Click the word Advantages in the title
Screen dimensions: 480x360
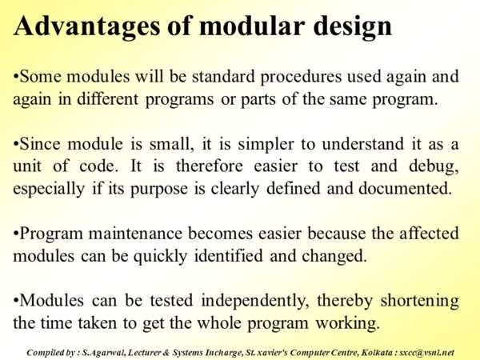pos(86,27)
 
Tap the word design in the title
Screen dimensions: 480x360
pos(352,27)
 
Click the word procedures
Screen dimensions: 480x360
pos(301,78)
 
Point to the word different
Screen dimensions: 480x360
pos(107,98)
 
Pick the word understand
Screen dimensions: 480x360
pos(362,143)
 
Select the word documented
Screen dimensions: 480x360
pos(405,188)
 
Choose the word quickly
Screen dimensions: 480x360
pos(160,257)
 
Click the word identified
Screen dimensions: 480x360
pos(228,256)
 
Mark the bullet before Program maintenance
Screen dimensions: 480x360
pos(16,234)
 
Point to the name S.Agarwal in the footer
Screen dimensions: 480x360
pos(104,353)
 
